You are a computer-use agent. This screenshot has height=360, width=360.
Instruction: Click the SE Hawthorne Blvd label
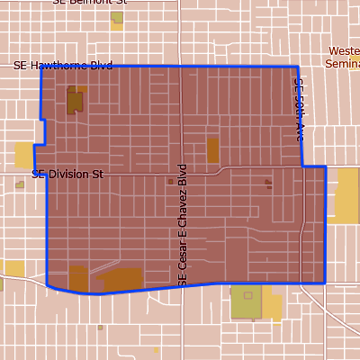[63, 66]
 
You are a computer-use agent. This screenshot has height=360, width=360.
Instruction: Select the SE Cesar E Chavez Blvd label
[182, 225]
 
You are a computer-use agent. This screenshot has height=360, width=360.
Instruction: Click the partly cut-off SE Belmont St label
[90, 3]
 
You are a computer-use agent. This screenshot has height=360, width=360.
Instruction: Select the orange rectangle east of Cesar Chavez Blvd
[213, 149]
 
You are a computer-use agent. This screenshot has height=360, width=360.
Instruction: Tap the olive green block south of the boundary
[246, 303]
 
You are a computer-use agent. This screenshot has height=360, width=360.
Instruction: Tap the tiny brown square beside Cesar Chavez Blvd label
[170, 181]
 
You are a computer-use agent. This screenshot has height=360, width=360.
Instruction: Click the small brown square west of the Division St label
[20, 184]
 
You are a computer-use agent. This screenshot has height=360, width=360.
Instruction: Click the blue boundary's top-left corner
[41, 67]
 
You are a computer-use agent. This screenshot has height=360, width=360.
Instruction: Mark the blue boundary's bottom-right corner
[325, 282]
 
